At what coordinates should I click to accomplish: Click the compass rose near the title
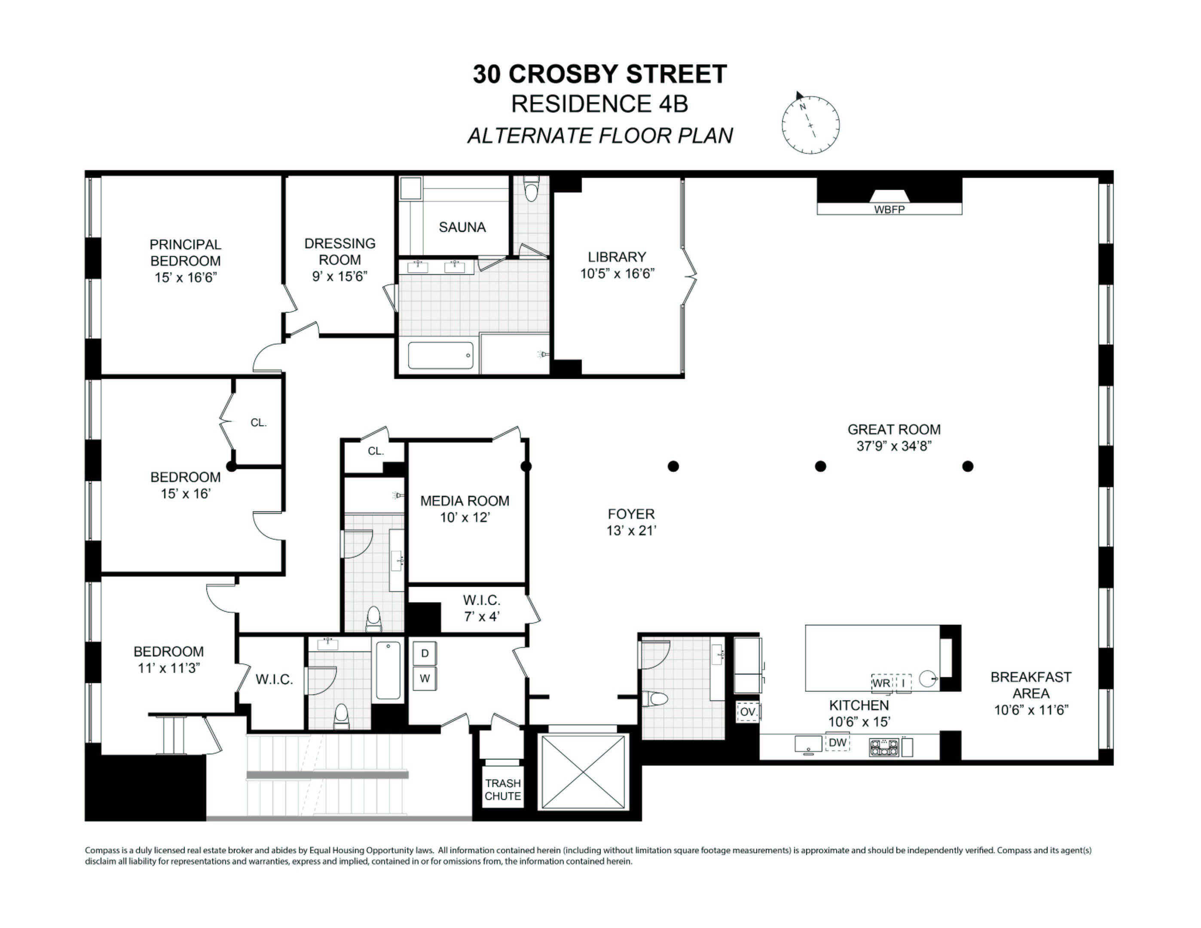810,125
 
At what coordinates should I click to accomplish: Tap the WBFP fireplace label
889,210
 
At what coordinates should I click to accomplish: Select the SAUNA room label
462,227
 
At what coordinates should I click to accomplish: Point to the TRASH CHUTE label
502,790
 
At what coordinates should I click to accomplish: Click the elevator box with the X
584,772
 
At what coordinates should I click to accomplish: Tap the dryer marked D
425,653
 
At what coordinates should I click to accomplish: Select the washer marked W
425,678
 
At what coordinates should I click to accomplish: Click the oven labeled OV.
747,712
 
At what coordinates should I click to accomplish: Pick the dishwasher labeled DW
837,743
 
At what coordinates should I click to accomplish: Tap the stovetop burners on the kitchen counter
884,747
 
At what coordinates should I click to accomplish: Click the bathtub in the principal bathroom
440,355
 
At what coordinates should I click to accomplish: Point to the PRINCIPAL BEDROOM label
185,261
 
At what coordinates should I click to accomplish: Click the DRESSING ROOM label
340,259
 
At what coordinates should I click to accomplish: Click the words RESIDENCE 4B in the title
599,104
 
